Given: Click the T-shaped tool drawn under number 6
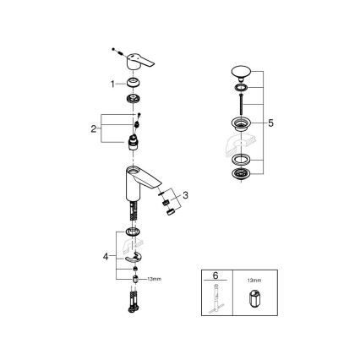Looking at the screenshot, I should tap(216, 303).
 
